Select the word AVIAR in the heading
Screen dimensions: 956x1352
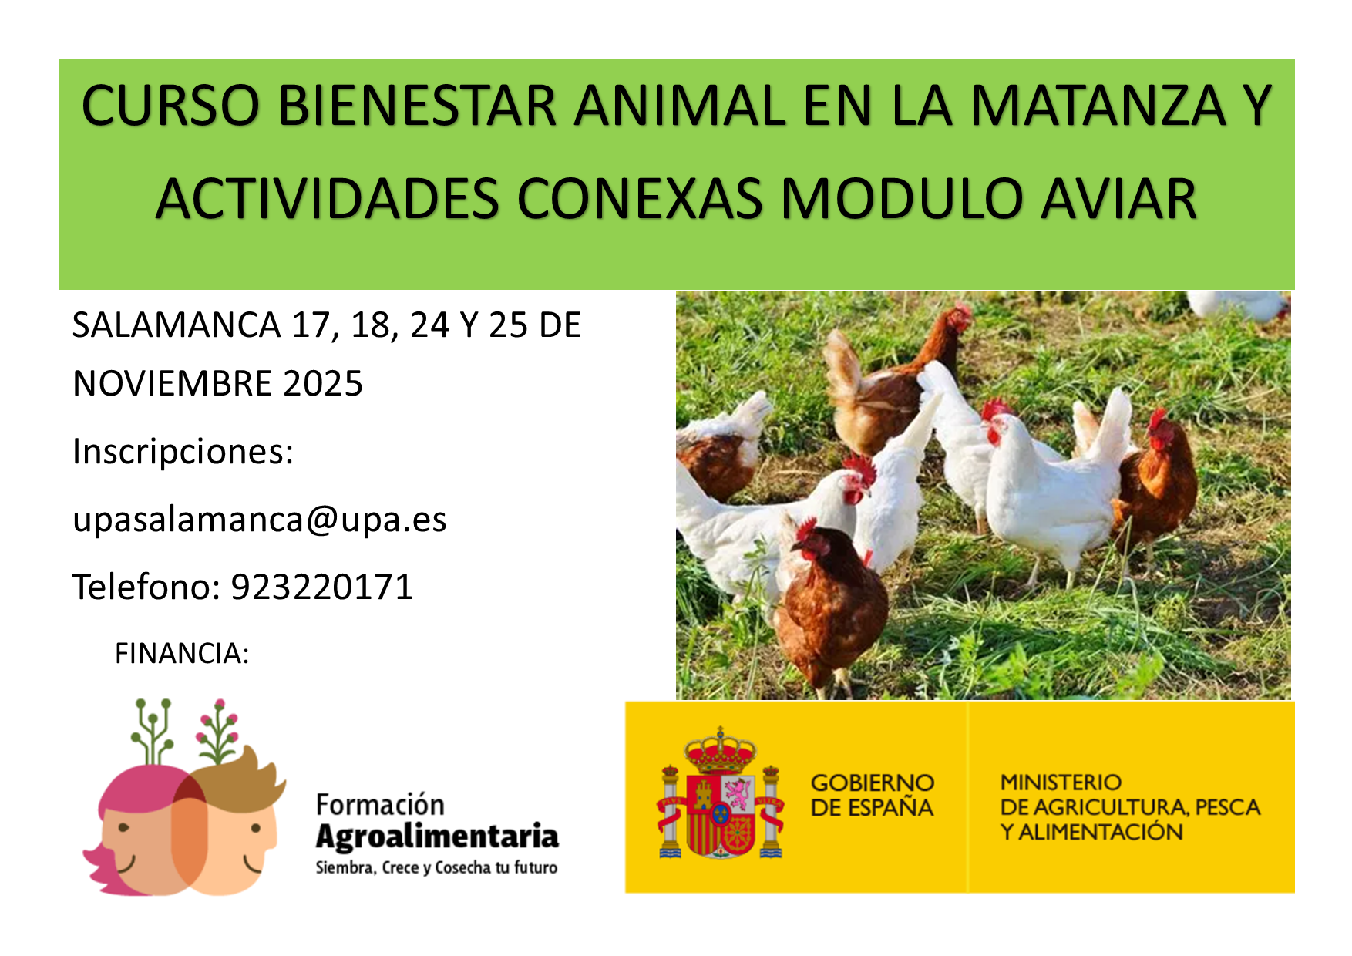coord(1118,199)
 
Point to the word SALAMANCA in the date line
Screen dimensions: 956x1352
coord(176,325)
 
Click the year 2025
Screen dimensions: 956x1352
coord(323,384)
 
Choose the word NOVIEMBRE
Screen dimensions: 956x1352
coord(173,384)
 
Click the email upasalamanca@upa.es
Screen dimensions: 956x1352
coord(259,520)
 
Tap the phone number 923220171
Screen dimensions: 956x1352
coord(322,587)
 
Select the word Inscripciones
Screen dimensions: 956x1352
coord(183,452)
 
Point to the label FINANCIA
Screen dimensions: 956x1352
coord(182,654)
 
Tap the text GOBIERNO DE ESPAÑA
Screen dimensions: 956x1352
coord(872,796)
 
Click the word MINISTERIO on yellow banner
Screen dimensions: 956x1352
coord(1061,783)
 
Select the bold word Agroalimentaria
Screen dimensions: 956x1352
coord(437,837)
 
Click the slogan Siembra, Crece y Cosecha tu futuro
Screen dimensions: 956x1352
coord(436,868)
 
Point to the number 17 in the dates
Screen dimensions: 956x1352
coord(311,325)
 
